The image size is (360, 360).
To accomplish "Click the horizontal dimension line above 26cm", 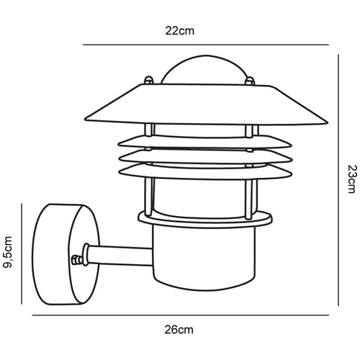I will [180, 314].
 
